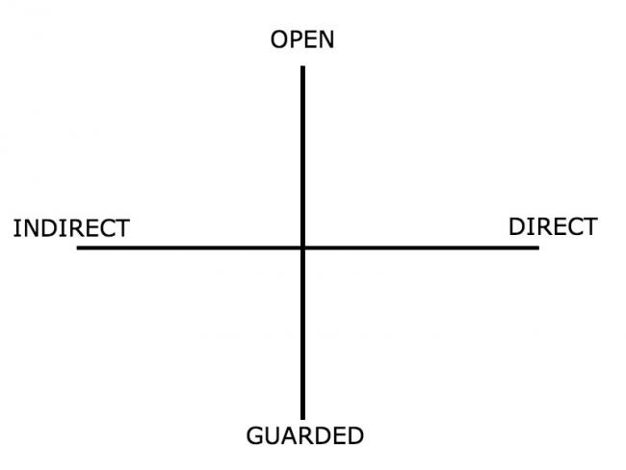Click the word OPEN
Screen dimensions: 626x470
(302, 39)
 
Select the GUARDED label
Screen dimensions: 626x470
(305, 435)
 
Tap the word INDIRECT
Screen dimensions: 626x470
(71, 228)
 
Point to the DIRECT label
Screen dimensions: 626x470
(553, 227)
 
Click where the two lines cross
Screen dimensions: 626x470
(302, 248)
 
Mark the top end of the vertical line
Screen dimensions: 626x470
(302, 66)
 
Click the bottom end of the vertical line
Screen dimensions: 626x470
(302, 419)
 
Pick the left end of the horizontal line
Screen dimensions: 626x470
(77, 248)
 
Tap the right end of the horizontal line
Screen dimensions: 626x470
(538, 248)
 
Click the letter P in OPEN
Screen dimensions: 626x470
(296, 39)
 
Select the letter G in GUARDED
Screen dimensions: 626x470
(254, 435)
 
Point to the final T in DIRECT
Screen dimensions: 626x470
(590, 227)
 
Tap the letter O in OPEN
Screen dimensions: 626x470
(279, 39)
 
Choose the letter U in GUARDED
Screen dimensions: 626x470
(273, 435)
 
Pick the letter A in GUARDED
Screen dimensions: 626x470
(291, 435)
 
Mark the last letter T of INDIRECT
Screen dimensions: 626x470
(122, 228)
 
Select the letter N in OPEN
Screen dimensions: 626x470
(326, 39)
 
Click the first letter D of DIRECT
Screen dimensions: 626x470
(517, 227)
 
